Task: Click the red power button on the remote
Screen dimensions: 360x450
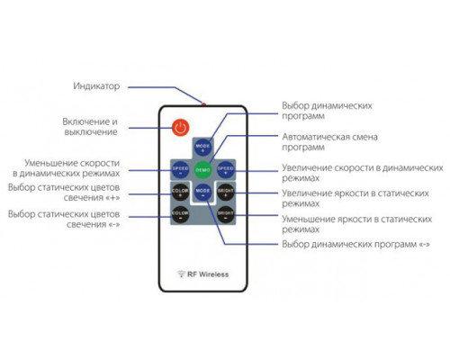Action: (x=180, y=127)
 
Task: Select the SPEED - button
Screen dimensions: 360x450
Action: (x=180, y=168)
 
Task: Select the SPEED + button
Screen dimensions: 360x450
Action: (x=225, y=168)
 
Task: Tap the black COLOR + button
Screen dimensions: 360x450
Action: (x=180, y=192)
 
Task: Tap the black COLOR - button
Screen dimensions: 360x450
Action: (x=180, y=215)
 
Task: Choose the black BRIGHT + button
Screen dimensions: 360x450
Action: (x=225, y=192)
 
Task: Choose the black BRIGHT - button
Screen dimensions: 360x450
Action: (x=225, y=215)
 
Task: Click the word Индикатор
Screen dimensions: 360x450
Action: (x=95, y=86)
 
